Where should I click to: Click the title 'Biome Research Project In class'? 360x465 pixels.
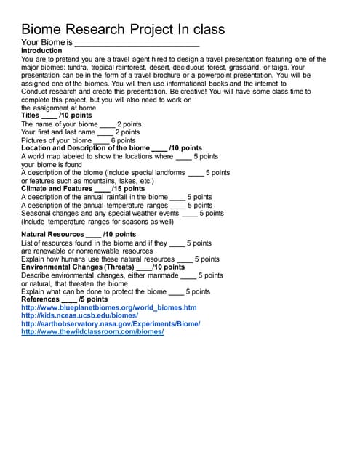[123, 29]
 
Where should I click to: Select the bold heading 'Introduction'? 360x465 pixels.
[41, 51]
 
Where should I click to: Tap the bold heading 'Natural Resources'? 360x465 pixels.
[52, 235]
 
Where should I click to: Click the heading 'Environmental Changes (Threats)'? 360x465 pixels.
[82, 267]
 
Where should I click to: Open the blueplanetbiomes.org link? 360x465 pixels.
[109, 308]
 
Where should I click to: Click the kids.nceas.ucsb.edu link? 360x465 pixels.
[79, 316]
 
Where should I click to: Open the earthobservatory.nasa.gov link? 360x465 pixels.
[111, 324]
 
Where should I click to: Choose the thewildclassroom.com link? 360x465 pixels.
[92, 332]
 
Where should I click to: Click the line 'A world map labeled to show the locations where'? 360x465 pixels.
[97, 156]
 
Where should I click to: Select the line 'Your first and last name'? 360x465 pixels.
[58, 132]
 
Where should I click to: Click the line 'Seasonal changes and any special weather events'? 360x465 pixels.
[100, 214]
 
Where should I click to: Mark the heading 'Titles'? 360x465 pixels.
[31, 116]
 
